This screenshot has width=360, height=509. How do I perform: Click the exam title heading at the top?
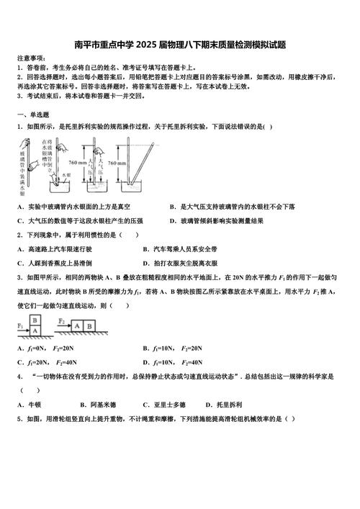180,45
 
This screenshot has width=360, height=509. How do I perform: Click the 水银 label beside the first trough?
66,175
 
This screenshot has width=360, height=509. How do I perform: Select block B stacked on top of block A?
35,320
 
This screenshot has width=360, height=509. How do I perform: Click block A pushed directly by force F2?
76,325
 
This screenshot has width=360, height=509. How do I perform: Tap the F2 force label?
62,320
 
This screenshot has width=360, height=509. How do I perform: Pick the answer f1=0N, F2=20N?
46,348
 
